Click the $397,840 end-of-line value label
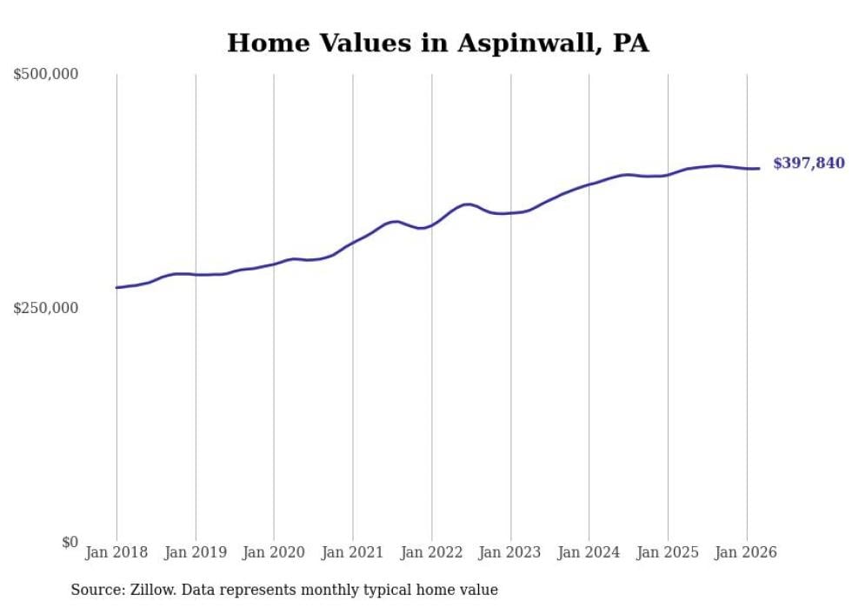(x=809, y=164)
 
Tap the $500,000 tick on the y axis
(x=46, y=75)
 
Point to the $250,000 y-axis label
(x=46, y=308)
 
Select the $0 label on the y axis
(x=70, y=542)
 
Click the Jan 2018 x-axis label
(x=116, y=552)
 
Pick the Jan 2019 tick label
(x=196, y=552)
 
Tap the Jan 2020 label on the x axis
(x=274, y=552)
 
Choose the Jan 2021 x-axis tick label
(x=353, y=552)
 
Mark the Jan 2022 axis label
(x=431, y=552)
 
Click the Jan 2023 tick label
(x=510, y=552)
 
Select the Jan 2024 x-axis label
(x=589, y=552)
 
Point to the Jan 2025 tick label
(x=668, y=552)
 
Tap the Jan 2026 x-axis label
(x=746, y=552)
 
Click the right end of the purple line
(x=759, y=169)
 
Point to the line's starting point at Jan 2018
(x=116, y=287)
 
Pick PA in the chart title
(x=630, y=43)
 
